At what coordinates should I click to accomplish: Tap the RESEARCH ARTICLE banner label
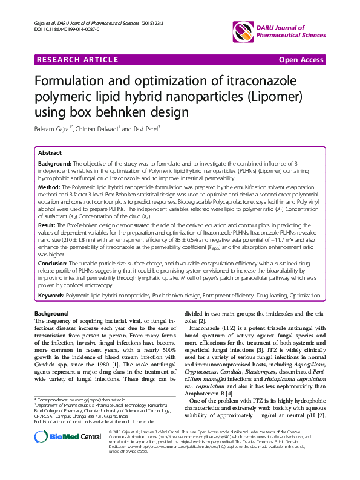[77, 60]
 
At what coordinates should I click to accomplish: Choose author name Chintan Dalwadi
[99, 128]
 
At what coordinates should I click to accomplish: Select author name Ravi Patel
[145, 128]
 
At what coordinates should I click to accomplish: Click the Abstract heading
[50, 153]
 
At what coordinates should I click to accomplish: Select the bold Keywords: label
[51, 296]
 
